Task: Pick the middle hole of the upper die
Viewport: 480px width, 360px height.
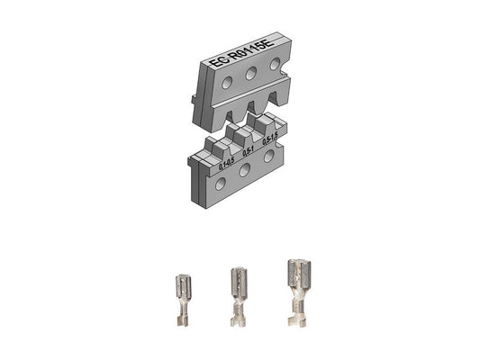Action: (x=252, y=73)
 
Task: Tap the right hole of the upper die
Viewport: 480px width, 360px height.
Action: (x=275, y=65)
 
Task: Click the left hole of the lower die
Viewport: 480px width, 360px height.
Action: (x=221, y=184)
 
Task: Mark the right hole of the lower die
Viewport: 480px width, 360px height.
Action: (x=269, y=156)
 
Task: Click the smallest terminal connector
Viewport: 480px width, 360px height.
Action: (x=180, y=301)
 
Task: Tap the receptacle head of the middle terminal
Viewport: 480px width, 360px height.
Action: (x=238, y=281)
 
